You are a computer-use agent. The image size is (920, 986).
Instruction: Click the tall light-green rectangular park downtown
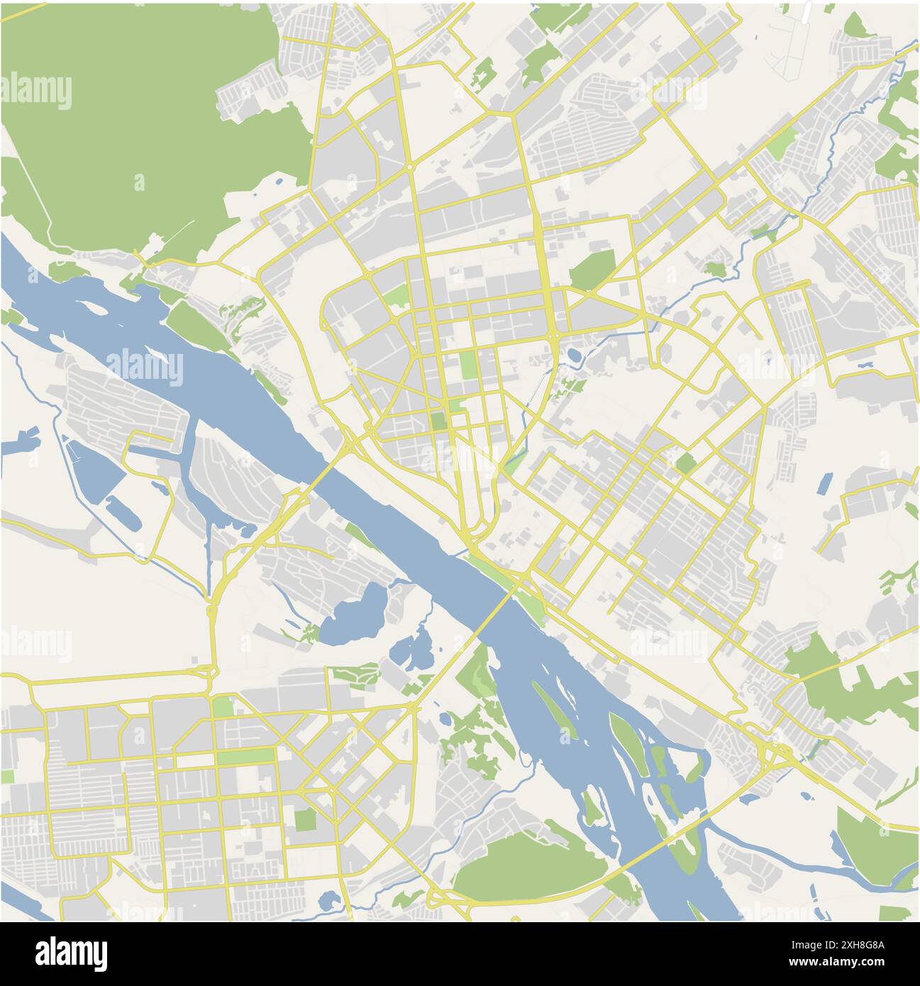click(x=468, y=365)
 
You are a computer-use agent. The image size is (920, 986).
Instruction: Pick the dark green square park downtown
click(x=439, y=420)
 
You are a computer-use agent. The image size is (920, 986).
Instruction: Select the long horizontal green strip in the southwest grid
click(x=245, y=756)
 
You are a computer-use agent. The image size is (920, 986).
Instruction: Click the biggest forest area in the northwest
click(x=142, y=128)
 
